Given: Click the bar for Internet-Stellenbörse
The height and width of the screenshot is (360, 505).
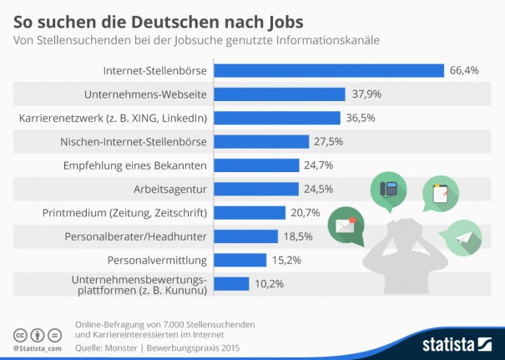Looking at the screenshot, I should (329, 70).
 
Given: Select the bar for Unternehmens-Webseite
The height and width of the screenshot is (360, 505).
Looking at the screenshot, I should (280, 94).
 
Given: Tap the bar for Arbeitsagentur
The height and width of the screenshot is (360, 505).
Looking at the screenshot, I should (256, 189).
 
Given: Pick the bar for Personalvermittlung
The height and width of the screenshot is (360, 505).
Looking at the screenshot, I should (240, 260).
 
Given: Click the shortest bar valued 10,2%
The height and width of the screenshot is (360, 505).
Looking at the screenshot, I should (232, 284).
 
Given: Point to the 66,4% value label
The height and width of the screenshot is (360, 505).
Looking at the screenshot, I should (464, 70).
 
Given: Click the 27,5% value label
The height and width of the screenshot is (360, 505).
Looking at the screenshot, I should (329, 142).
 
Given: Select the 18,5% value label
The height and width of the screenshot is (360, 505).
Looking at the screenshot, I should (298, 236).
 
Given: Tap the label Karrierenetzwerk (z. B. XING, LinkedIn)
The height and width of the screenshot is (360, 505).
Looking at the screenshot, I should (113, 118).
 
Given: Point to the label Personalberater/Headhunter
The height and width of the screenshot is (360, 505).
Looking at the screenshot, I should (135, 236).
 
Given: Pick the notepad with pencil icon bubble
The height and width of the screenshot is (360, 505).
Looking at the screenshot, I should (440, 193).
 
